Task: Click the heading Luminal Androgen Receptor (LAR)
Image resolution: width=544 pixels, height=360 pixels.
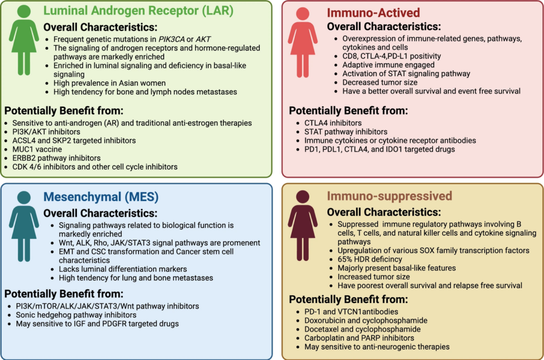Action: [x=139, y=11]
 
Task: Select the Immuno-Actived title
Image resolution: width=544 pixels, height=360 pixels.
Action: [x=373, y=12]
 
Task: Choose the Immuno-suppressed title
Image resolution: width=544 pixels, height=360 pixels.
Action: [x=389, y=196]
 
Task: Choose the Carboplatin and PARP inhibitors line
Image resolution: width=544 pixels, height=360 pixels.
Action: [x=359, y=338]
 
